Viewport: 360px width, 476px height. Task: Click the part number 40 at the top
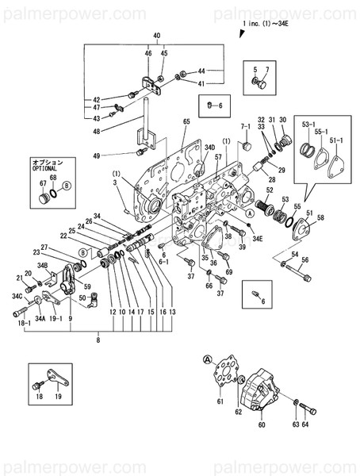point(156,36)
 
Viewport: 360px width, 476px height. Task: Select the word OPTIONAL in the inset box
point(45,169)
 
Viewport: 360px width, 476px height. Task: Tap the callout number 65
point(187,121)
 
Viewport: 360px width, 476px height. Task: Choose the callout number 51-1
point(336,141)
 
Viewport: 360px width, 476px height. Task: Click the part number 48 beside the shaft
point(96,132)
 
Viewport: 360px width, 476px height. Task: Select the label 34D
point(209,148)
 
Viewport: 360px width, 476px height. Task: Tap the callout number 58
point(320,217)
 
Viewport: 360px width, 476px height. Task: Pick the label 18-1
point(24,324)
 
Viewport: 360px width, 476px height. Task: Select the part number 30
point(281,120)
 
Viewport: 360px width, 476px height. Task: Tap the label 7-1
point(245,127)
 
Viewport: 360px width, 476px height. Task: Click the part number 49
point(96,155)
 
